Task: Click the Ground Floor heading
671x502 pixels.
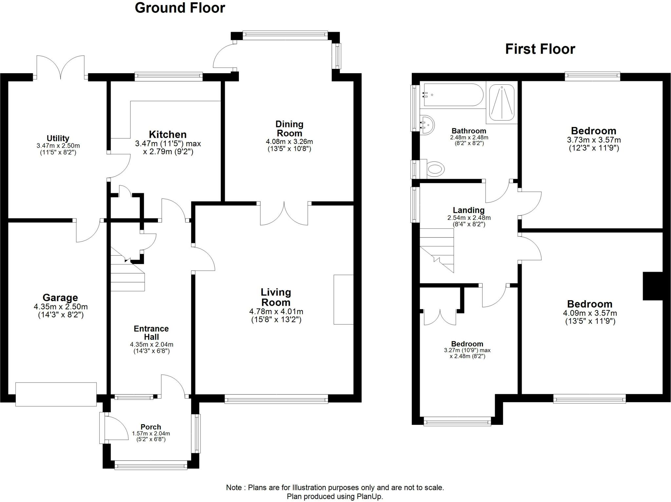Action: click(180, 8)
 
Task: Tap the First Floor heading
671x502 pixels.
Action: click(540, 49)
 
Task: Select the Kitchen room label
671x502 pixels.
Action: click(167, 135)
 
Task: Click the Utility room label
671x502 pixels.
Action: click(58, 138)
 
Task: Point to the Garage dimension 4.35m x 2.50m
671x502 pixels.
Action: click(61, 307)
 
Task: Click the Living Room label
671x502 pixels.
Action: click(276, 297)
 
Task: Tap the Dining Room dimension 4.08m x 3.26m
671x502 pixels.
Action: click(289, 142)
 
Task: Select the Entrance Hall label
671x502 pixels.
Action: click(151, 332)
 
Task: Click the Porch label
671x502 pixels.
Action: click(151, 427)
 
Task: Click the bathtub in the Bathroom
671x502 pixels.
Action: click(453, 95)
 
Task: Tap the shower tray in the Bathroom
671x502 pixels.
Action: click(502, 102)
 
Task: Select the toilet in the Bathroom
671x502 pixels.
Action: click(435, 169)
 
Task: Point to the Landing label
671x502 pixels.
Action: click(469, 210)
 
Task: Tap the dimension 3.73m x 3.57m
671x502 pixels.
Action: click(594, 140)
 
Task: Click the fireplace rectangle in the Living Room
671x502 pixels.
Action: click(343, 299)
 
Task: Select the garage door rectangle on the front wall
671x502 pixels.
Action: click(56, 394)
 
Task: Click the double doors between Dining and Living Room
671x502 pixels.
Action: click(284, 214)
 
